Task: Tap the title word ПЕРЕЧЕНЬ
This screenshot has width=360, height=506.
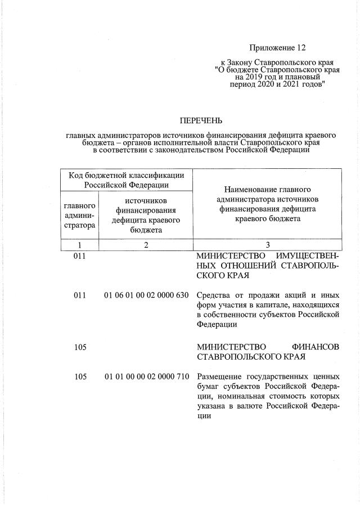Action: tap(201, 120)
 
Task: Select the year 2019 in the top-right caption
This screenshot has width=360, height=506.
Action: tap(255, 76)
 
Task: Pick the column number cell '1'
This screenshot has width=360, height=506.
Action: tap(80, 245)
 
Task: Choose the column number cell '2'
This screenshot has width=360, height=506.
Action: tap(146, 245)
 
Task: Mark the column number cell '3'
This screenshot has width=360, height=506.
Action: tap(267, 245)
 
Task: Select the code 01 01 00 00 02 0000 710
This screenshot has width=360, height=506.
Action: tap(146, 377)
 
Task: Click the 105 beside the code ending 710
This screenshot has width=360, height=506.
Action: tap(80, 377)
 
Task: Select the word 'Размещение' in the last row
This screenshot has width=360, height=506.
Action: tap(220, 377)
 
